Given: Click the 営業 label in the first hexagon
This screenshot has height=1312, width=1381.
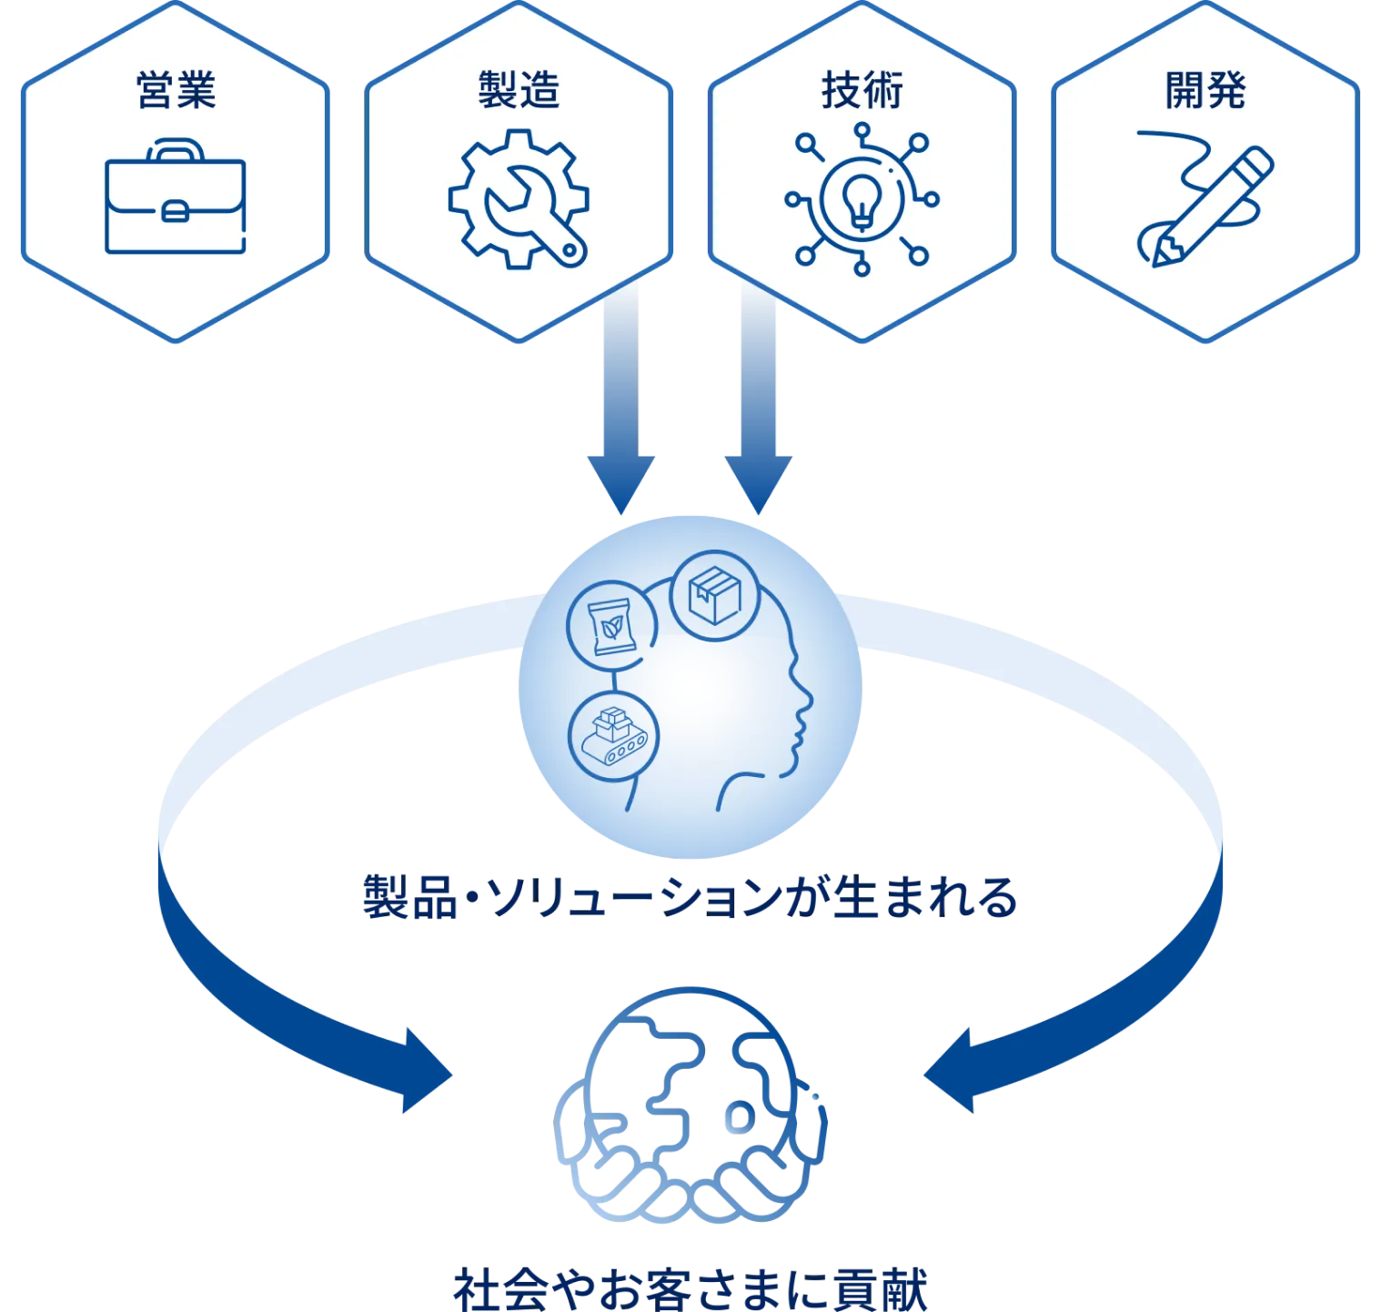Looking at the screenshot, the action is click(176, 90).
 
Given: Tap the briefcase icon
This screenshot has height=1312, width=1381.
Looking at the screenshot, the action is click(176, 196).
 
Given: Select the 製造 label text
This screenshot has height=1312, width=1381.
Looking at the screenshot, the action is click(519, 90).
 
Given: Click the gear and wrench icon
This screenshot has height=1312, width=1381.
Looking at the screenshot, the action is click(519, 198).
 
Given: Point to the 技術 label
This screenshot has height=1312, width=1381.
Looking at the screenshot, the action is click(862, 90).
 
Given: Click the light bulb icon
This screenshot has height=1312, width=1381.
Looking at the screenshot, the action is click(861, 199).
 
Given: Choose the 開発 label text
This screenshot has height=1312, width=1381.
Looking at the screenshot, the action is click(1205, 90).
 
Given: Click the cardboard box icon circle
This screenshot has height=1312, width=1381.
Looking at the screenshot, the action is click(715, 596).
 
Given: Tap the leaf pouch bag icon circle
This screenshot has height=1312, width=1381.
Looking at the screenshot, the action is click(612, 626).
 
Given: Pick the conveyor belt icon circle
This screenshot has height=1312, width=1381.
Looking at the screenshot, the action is click(614, 736).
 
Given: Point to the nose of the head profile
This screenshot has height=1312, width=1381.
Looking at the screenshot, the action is click(807, 700).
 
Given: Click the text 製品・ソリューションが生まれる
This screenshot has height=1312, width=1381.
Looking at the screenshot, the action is click(690, 897).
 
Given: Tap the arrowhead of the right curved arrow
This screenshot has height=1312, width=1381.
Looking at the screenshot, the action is click(950, 1071).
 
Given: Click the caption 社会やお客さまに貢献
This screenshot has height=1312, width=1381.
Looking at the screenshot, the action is click(690, 1288).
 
